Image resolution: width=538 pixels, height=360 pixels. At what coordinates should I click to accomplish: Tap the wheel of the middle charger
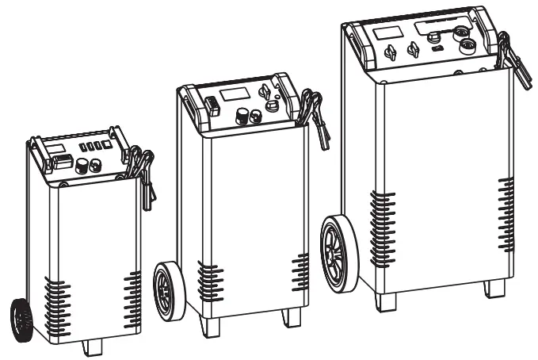click(x=169, y=291)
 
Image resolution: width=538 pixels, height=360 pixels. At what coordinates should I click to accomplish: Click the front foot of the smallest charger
click(x=93, y=347)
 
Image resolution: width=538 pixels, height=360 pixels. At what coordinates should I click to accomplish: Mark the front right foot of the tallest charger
click(x=495, y=287)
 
